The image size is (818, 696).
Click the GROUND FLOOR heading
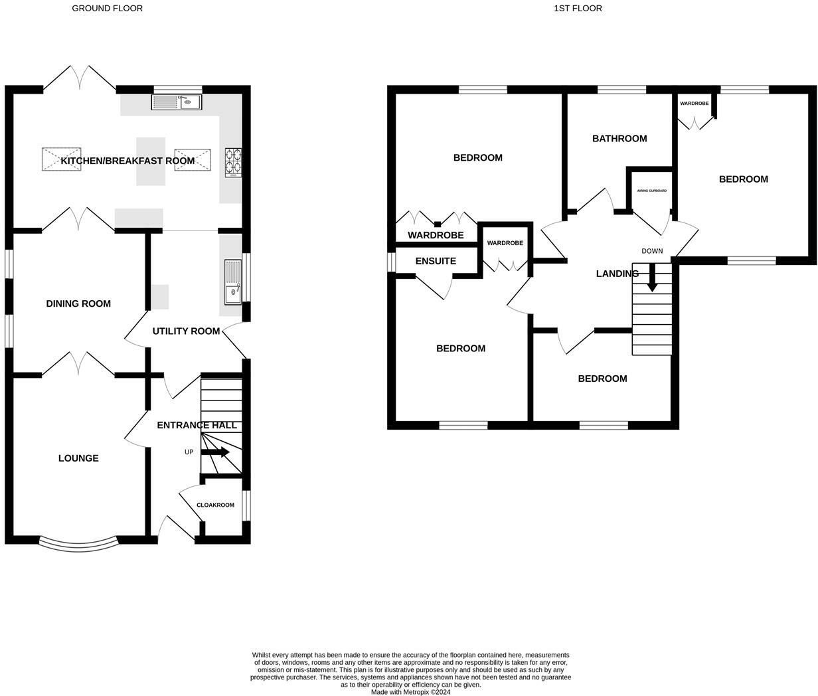pos(107,8)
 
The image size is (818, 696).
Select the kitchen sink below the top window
pos(176,102)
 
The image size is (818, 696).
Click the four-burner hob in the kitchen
pos(234,161)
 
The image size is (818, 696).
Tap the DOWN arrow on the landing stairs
pos(652,278)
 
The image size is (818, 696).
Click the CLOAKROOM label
pos(215,505)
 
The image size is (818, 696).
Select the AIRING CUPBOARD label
pos(651,191)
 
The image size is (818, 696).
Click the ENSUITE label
pos(436,261)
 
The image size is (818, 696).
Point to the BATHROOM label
pos(619,139)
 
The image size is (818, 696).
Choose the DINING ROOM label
pos(78,304)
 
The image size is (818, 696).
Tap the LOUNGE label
pos(78,458)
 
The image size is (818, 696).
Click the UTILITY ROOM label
pos(186,331)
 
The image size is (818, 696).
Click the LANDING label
pos(617,274)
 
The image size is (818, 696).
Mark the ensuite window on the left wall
pos(392,261)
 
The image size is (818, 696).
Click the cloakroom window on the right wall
pos(246,505)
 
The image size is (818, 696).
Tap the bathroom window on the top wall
pos(621,90)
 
